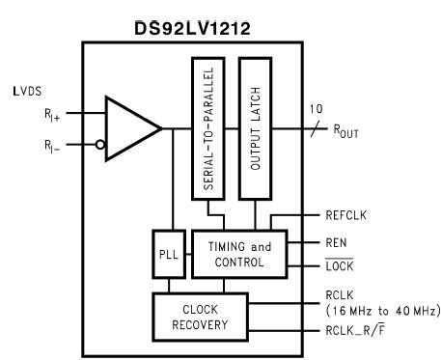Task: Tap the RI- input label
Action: point(56,149)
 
